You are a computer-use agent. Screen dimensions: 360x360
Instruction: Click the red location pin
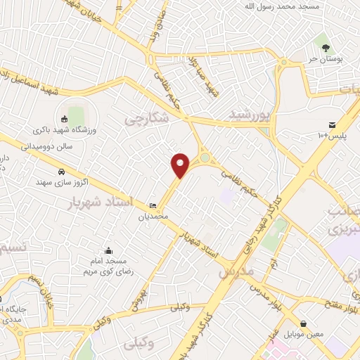181,165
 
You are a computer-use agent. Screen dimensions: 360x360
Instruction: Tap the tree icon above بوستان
325,48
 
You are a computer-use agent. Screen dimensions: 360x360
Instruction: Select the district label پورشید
250,114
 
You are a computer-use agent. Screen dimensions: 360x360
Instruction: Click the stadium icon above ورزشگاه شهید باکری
64,118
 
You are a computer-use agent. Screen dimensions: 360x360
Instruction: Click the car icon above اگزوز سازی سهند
61,171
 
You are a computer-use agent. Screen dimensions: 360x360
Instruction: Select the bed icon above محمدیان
153,205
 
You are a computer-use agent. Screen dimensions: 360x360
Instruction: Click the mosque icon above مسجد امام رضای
108,250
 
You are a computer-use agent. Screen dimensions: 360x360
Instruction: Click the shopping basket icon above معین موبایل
303,324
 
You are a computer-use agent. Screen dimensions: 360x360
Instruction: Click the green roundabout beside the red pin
205,159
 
